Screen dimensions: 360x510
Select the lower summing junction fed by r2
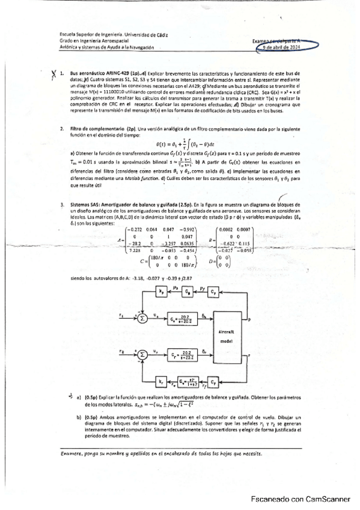(142, 355)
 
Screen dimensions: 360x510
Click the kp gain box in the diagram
(161, 292)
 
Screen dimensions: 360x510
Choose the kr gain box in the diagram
(162, 381)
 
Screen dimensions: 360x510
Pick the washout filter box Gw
(188, 381)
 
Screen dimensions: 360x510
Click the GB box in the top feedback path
(189, 292)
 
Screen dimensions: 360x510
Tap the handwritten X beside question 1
(54, 74)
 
